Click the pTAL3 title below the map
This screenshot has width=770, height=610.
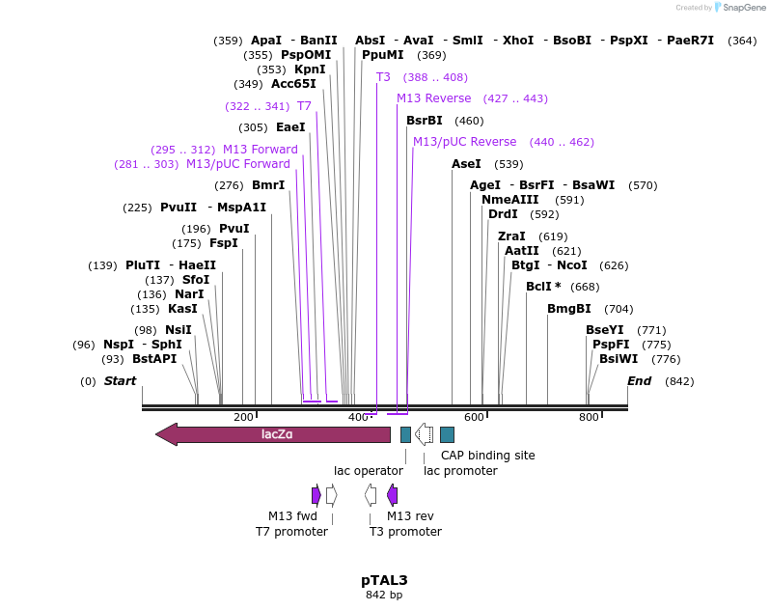point(384,580)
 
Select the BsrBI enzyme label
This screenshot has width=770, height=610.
point(425,121)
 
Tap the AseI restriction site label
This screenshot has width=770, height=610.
point(466,164)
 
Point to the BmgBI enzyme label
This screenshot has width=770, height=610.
point(569,309)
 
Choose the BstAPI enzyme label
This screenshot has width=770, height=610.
point(154,359)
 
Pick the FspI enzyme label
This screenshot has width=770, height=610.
point(224,243)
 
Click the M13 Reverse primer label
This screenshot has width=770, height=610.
point(434,98)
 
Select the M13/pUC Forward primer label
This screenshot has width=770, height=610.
point(238,164)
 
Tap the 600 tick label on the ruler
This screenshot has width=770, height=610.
point(474,417)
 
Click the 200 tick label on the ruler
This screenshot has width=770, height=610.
point(243,417)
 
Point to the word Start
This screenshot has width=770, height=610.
point(120,381)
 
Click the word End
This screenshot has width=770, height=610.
point(639,381)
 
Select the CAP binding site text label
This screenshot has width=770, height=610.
point(487,456)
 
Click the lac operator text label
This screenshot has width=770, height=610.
point(369,471)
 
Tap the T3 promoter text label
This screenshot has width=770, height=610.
point(405,532)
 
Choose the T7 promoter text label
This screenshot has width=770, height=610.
point(291,532)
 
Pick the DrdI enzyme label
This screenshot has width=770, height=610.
point(503,214)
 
